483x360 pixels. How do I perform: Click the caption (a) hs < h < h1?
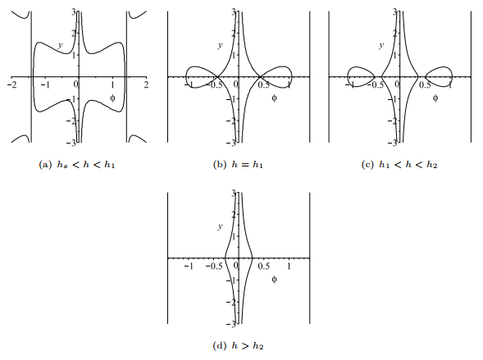(x=77, y=165)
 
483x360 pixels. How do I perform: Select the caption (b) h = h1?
(x=238, y=165)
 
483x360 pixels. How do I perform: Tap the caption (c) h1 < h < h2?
(x=399, y=165)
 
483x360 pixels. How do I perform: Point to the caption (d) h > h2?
(x=238, y=346)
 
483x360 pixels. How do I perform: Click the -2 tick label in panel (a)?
(x=12, y=84)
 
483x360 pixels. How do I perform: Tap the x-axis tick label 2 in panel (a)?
(x=146, y=84)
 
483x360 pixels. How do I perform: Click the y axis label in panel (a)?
(x=61, y=45)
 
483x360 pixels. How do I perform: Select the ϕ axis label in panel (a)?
(x=112, y=98)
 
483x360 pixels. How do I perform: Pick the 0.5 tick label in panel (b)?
(x=264, y=84)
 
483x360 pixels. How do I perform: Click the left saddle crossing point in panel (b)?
(x=217, y=77)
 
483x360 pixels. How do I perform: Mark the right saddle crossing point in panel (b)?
(x=260, y=77)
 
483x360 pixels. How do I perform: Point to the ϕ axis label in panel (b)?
(x=274, y=98)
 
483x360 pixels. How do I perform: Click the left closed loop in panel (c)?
(x=348, y=77)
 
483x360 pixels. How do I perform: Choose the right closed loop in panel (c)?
(x=452, y=77)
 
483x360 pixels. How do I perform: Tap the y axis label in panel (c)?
(x=381, y=45)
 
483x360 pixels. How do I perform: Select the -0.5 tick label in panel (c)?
(x=376, y=84)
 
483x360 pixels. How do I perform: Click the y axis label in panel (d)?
(x=220, y=226)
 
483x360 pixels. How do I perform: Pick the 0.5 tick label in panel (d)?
(x=264, y=266)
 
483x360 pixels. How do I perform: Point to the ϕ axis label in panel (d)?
(x=274, y=280)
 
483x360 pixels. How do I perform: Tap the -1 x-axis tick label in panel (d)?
(x=189, y=266)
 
